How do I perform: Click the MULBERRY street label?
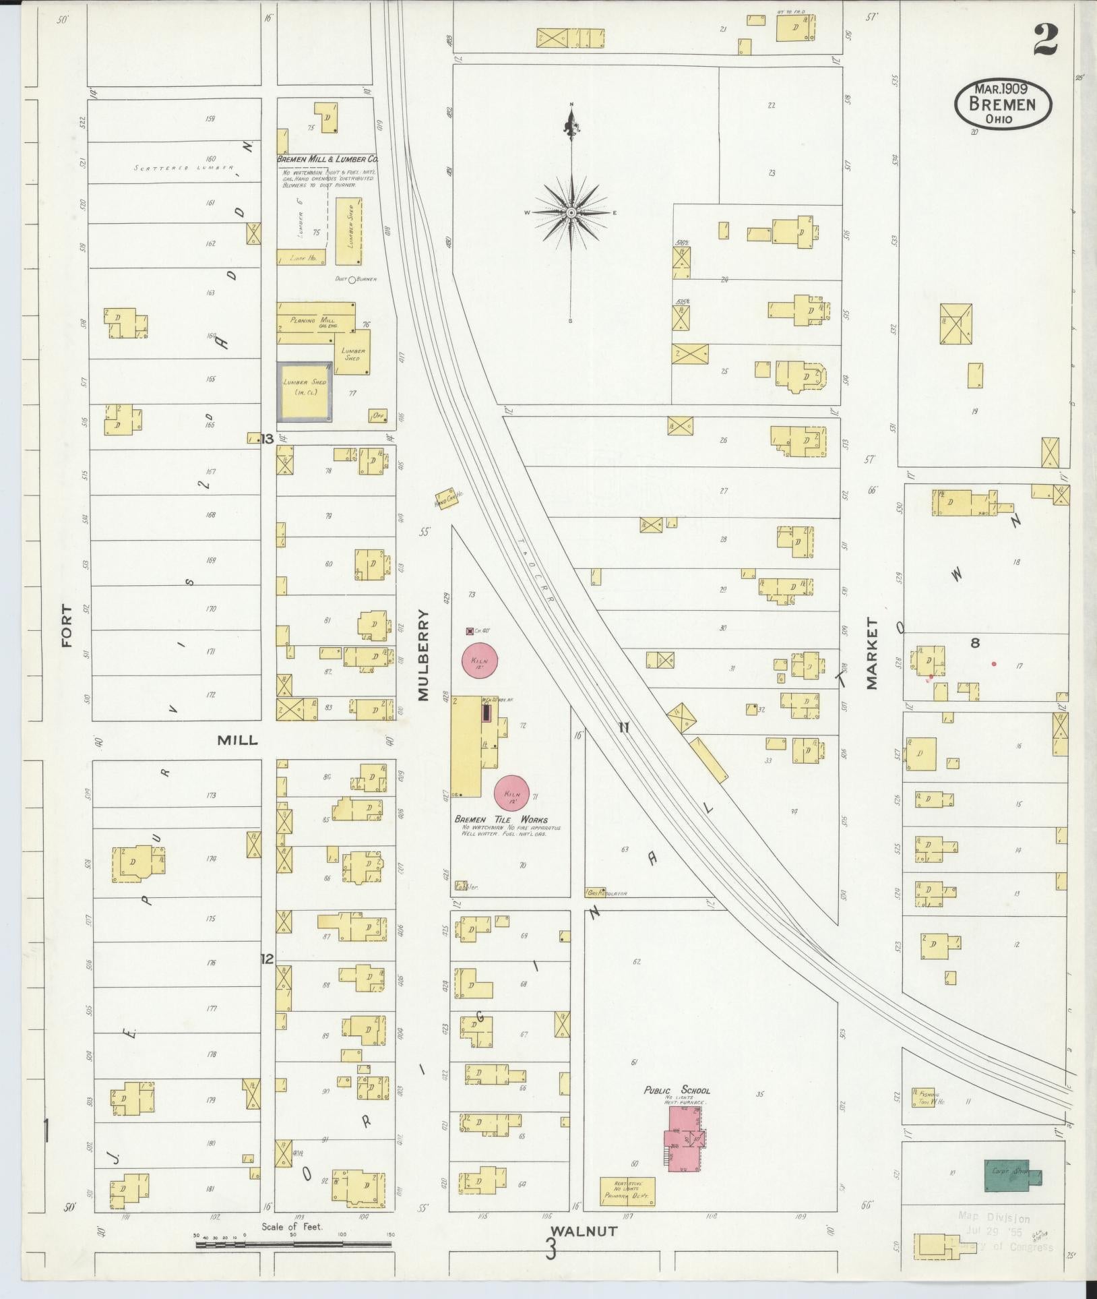pyautogui.click(x=423, y=655)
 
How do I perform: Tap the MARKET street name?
pyautogui.click(x=873, y=653)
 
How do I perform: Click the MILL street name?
pyautogui.click(x=237, y=740)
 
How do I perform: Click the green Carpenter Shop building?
pyautogui.click(x=1011, y=1175)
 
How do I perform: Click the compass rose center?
pyautogui.click(x=571, y=213)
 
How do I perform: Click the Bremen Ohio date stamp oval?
pyautogui.click(x=1003, y=104)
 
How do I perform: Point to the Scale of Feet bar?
pyautogui.click(x=293, y=1244)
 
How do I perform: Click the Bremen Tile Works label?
pyautogui.click(x=501, y=820)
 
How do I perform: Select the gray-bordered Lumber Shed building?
pyautogui.click(x=305, y=392)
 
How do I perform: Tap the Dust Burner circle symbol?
pyautogui.click(x=351, y=279)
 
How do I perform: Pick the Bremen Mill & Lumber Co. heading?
pyautogui.click(x=327, y=159)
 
